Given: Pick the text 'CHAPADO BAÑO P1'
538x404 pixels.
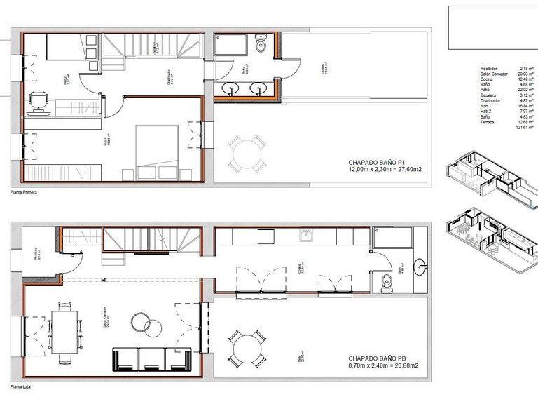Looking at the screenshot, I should pyautogui.click(x=376, y=161).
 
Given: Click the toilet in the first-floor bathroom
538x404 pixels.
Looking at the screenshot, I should pyautogui.click(x=261, y=45).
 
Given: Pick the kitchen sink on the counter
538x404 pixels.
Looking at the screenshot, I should pyautogui.click(x=306, y=236).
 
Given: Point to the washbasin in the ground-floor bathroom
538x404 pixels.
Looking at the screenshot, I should pyautogui.click(x=421, y=266).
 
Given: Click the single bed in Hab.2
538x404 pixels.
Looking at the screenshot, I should pyautogui.click(x=70, y=49).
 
